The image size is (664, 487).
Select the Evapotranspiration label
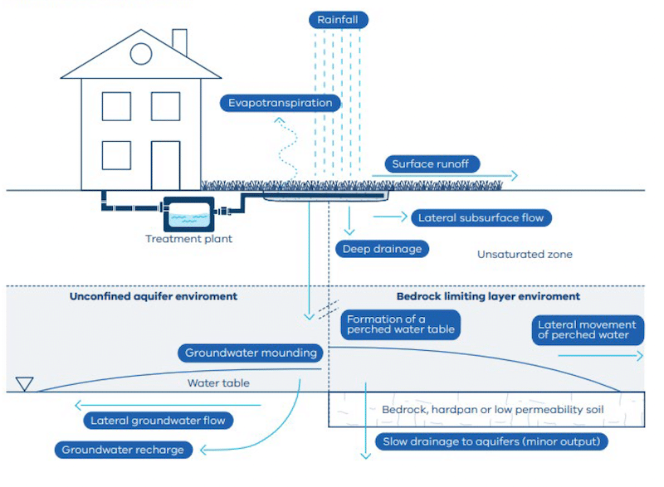[x=281, y=104]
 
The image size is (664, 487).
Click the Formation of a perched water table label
[x=401, y=324]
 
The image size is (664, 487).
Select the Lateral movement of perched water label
[x=587, y=330]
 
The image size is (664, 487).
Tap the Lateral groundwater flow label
[x=159, y=420]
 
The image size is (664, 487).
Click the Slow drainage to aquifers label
[x=492, y=441]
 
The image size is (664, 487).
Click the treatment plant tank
[x=188, y=215]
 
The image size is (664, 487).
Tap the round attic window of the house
[x=141, y=54]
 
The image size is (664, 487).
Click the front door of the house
[x=165, y=165]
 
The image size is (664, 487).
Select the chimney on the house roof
[x=179, y=41]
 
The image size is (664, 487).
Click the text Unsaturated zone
[x=524, y=255]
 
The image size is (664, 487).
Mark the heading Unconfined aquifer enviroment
[x=154, y=296]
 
